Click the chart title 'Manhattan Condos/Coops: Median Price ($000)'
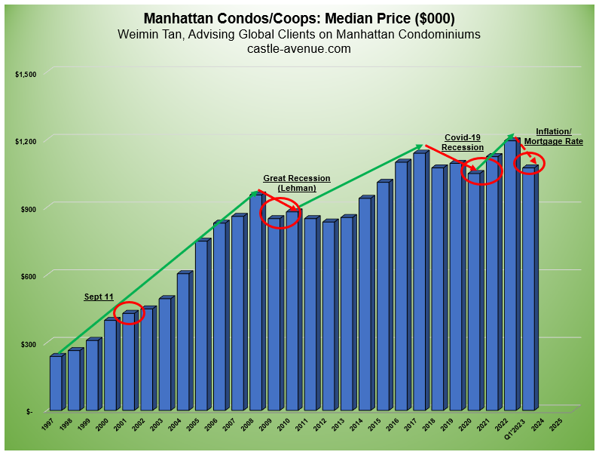point(298,18)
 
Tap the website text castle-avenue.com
point(298,49)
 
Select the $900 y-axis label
point(28,208)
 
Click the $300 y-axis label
point(28,344)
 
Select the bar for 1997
point(56,383)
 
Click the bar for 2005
point(201,324)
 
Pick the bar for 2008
point(255,302)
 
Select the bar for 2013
point(347,313)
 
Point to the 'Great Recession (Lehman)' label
point(296,183)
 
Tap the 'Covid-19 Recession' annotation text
point(462,142)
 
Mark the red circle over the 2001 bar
point(129,314)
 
